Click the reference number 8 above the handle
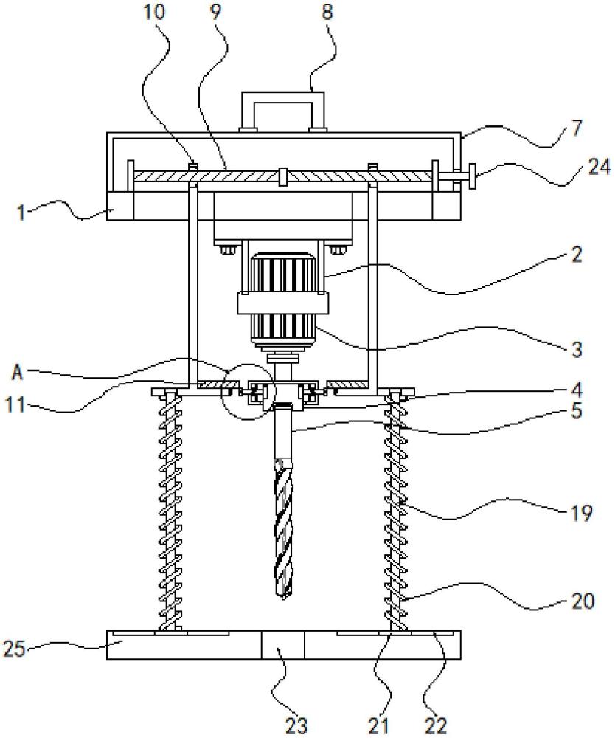tap(327, 12)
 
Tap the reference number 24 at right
tap(599, 168)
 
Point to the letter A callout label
tap(18, 372)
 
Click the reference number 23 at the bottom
tap(296, 725)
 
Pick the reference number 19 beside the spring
tap(581, 513)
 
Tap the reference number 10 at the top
tap(153, 12)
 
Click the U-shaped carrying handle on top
tap(283, 110)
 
